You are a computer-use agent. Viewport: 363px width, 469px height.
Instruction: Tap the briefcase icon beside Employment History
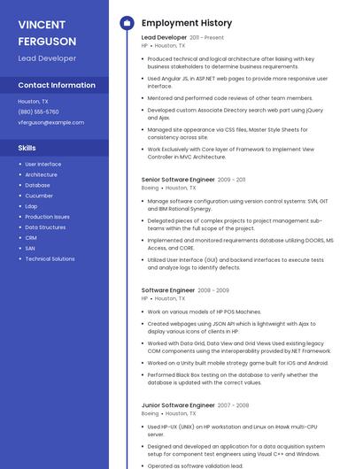127,22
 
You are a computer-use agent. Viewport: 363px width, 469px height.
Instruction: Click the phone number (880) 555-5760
38,111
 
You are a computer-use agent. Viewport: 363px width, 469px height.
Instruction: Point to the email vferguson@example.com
50,122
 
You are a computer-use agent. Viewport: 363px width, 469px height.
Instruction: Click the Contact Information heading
56,85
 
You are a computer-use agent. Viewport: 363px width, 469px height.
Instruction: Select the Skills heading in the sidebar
27,148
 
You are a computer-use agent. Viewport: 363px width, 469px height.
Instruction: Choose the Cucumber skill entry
39,196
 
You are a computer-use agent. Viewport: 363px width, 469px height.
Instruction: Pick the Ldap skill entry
31,206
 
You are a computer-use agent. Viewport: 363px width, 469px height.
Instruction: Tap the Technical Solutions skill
50,259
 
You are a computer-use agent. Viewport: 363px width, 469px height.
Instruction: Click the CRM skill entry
31,238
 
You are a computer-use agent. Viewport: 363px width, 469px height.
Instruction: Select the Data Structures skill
45,227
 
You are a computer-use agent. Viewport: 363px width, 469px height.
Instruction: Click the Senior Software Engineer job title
178,180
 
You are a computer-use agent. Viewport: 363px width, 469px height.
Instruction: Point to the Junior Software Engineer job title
178,405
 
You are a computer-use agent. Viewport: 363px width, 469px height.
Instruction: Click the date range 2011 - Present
206,38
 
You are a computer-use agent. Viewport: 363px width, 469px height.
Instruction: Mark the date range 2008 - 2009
213,290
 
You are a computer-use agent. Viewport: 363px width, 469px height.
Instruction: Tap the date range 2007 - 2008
234,405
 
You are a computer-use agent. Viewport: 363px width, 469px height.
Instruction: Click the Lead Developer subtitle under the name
47,58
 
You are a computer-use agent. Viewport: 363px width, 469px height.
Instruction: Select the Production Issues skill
47,217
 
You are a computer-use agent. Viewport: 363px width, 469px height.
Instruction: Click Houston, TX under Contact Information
34,101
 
